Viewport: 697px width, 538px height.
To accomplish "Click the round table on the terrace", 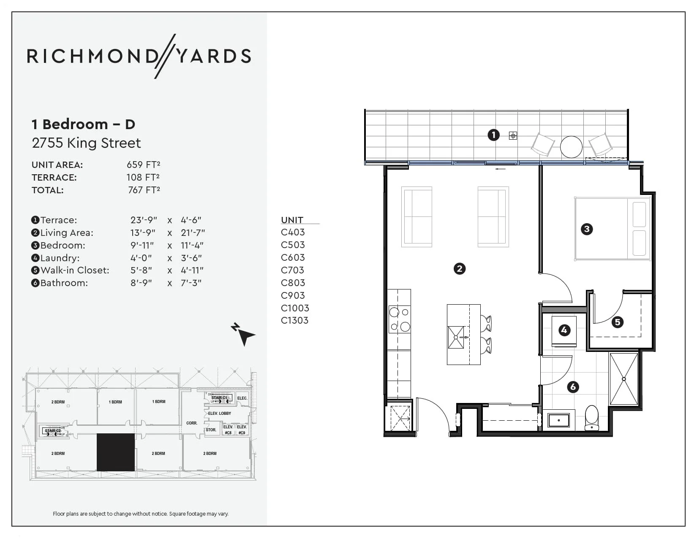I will (571, 147).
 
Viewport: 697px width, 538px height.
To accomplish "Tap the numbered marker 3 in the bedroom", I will (587, 229).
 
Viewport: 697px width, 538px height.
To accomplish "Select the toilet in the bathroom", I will (591, 418).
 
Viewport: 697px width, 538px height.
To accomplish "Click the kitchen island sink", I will (456, 337).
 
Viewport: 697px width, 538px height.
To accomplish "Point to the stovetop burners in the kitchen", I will (399, 319).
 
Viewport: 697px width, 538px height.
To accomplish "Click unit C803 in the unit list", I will (293, 283).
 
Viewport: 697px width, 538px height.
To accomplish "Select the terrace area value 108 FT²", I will (143, 177).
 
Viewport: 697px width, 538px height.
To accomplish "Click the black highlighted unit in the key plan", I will (115, 452).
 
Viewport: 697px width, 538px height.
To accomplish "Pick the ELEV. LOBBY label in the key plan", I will (219, 414).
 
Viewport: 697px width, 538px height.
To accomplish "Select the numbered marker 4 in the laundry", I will (564, 330).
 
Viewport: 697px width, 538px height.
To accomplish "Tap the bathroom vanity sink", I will (558, 420).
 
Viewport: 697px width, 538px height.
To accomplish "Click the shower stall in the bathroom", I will (623, 379).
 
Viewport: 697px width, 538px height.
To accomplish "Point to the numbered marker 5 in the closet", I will (617, 322).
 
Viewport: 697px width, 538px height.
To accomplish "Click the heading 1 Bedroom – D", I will (83, 124).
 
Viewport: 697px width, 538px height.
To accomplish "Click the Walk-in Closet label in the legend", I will (74, 270).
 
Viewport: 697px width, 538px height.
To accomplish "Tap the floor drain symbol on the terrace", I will (513, 135).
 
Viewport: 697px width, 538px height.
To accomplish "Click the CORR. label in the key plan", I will (191, 423).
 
